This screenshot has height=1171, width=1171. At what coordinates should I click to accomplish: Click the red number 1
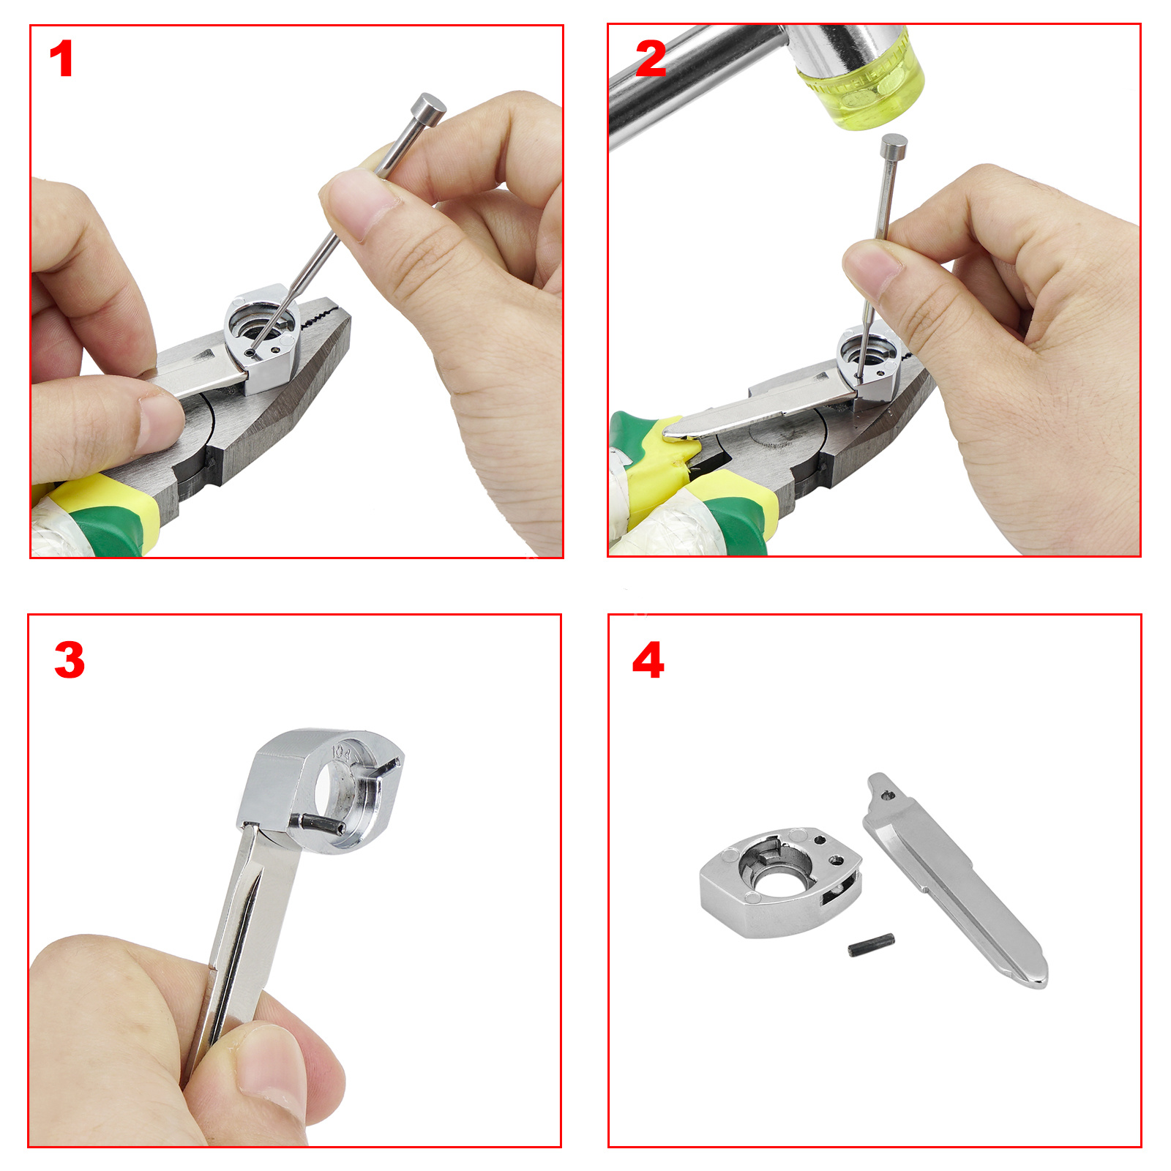coord(62,59)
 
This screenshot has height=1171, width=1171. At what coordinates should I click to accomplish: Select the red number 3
coord(70,660)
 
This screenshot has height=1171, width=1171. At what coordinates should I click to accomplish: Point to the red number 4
coord(648,660)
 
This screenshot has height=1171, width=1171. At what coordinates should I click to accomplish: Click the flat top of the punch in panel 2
coord(894,141)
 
